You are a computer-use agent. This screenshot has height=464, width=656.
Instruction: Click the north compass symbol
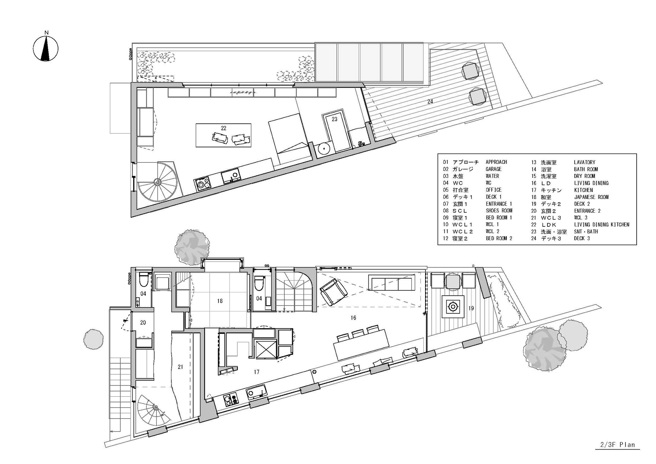(46, 49)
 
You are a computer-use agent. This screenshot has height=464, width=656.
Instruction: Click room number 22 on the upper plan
(223, 128)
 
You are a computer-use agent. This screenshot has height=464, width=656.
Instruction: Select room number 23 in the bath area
(334, 119)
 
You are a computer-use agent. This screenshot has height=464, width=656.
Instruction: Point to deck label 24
(430, 101)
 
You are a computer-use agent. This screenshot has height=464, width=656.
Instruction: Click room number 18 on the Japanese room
(220, 301)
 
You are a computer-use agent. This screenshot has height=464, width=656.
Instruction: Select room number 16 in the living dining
(353, 318)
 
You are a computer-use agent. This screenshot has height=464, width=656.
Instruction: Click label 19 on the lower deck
(471, 308)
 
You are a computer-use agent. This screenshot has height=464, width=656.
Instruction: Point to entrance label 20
(143, 323)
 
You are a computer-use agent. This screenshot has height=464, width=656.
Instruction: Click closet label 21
(180, 367)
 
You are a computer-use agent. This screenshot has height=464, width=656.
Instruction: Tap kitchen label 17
(256, 372)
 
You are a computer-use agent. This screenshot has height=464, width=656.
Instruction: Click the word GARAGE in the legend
(493, 169)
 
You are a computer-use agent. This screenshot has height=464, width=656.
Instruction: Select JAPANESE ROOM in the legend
(591, 197)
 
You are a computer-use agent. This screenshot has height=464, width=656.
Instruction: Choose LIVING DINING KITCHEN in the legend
(602, 224)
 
